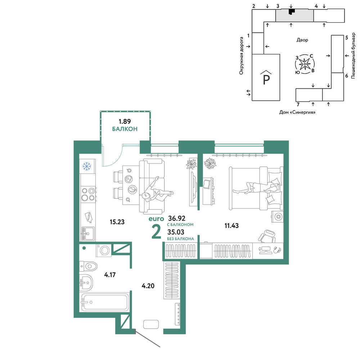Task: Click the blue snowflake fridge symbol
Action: [x=86, y=166]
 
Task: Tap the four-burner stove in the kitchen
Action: [x=89, y=194]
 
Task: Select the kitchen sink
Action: [x=88, y=234]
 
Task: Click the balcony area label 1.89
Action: [x=125, y=121]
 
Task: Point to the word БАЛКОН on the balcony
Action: [x=125, y=129]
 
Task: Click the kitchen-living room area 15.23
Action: [x=117, y=222]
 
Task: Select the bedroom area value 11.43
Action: [x=231, y=226]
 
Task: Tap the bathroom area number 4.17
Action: [x=110, y=275]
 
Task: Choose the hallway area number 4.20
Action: [x=148, y=286]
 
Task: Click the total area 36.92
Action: [x=177, y=218]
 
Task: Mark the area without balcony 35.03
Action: [x=176, y=232]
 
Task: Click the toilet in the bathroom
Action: [x=88, y=266]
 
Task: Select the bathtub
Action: [x=104, y=302]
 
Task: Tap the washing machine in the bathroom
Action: [x=104, y=250]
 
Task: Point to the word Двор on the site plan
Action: [x=302, y=40]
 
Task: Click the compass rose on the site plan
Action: [x=305, y=64]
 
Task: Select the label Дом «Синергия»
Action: [x=297, y=112]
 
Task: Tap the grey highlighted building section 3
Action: [x=294, y=15]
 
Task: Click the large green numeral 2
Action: [x=157, y=232]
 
